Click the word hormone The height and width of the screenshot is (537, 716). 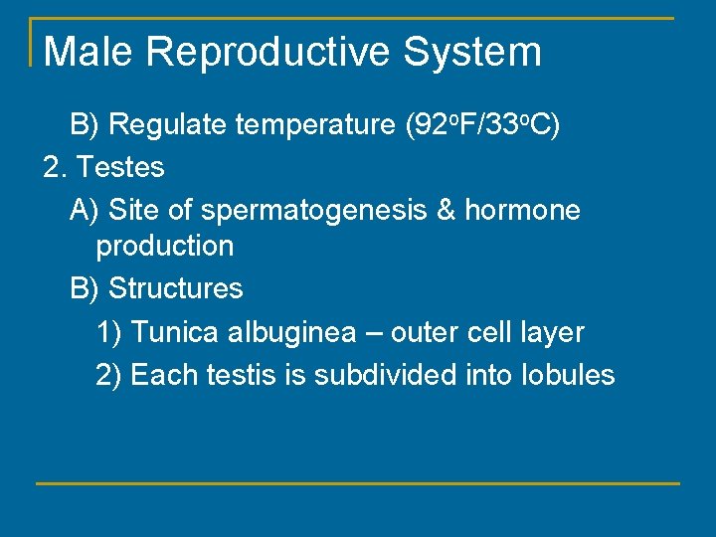click(x=522, y=210)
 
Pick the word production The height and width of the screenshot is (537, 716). click(x=165, y=246)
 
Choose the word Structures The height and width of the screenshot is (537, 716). click(x=175, y=288)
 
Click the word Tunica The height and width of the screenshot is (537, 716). click(x=175, y=332)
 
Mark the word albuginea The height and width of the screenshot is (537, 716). click(x=291, y=332)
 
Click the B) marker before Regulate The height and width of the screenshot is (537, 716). click(x=85, y=125)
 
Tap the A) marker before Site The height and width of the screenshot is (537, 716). click(x=85, y=210)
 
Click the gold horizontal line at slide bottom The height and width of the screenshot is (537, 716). click(x=358, y=483)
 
